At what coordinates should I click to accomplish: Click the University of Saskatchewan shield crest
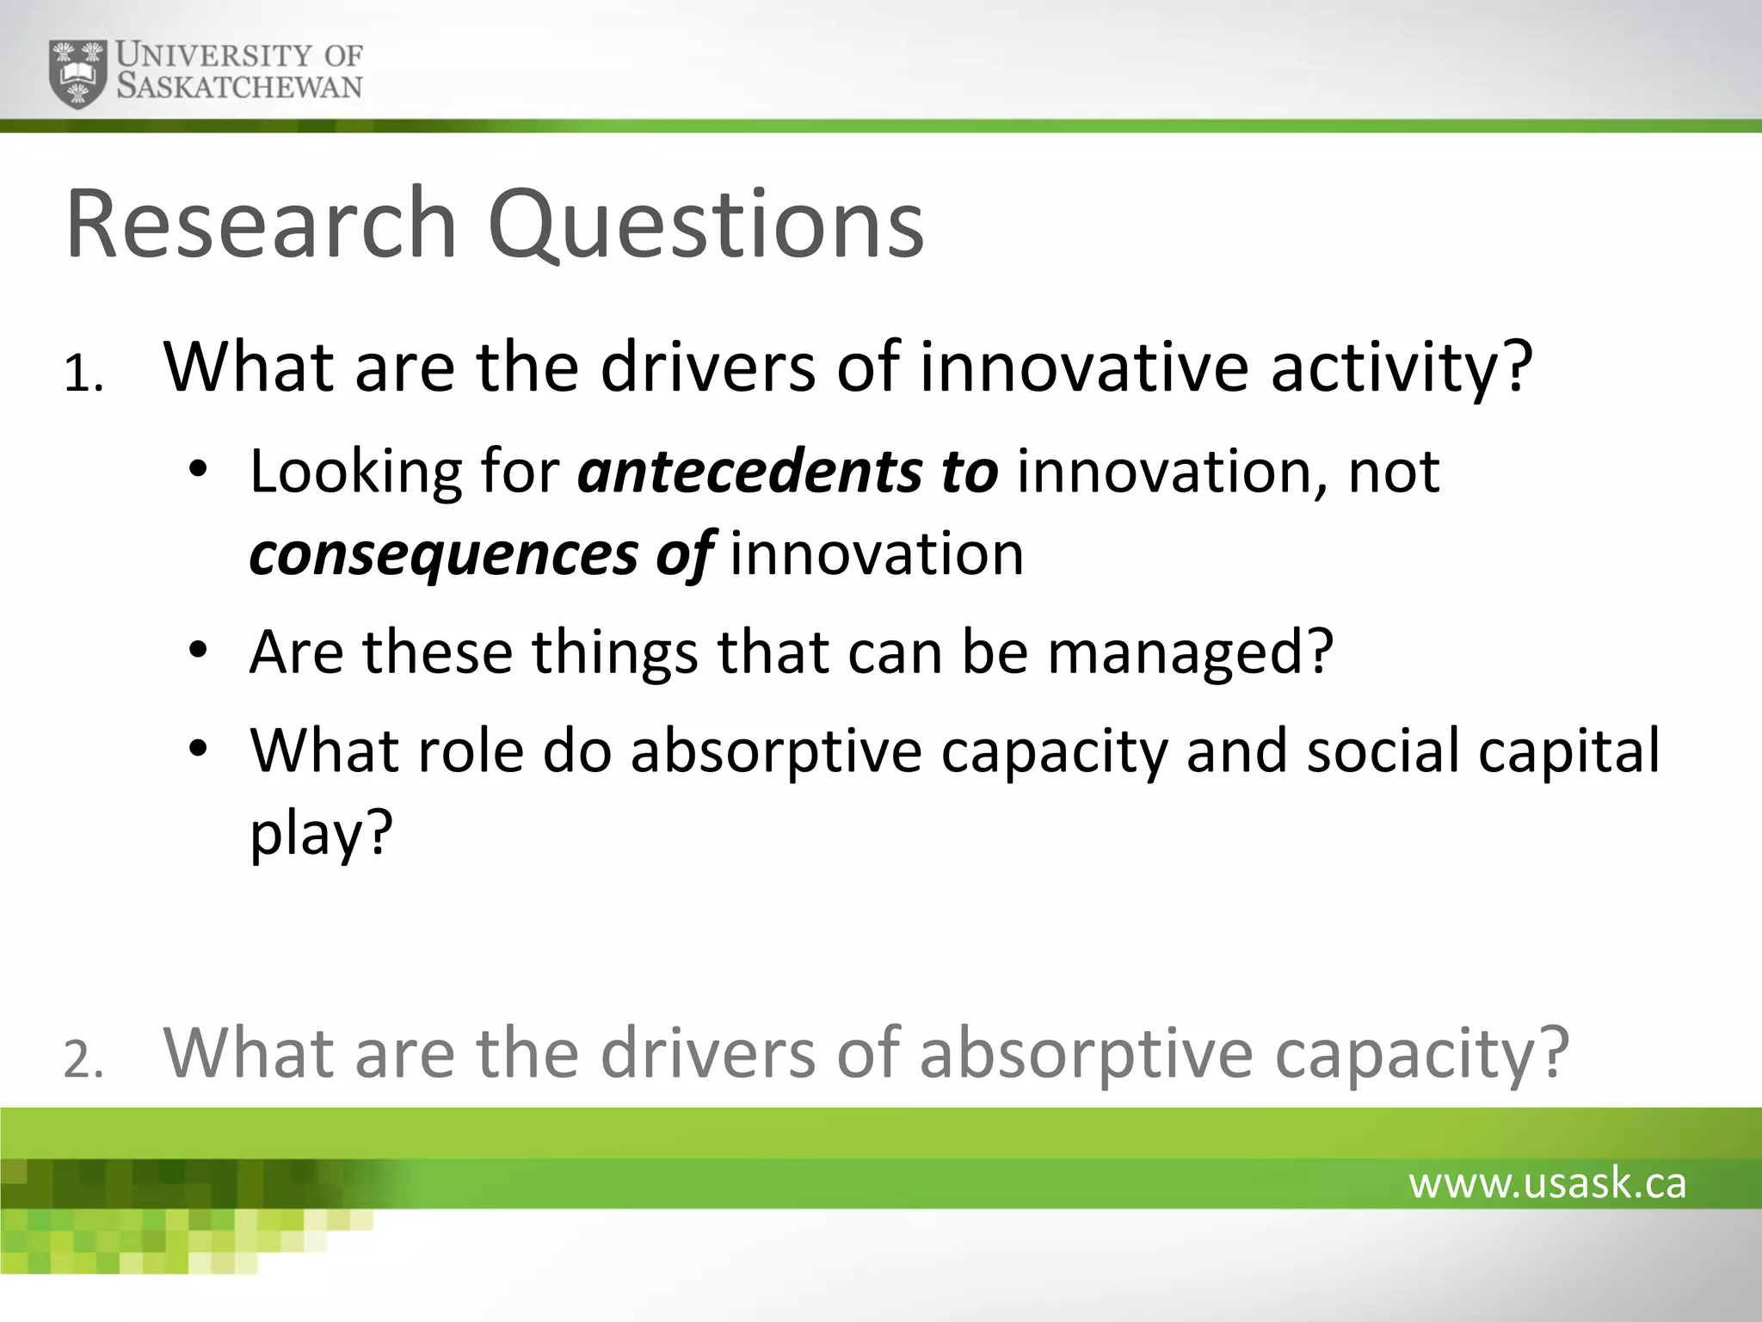coord(78,73)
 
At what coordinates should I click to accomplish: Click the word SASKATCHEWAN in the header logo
coord(239,87)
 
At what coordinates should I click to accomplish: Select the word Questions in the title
coord(705,225)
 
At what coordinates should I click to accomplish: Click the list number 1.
coord(83,376)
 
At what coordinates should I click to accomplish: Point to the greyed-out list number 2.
coord(83,1061)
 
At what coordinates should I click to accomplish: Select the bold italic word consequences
coord(443,553)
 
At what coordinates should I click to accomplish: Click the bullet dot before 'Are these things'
coord(199,651)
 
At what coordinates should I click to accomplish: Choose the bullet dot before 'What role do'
coord(199,749)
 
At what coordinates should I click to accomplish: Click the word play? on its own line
coord(321,833)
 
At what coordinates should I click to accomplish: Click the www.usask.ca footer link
coord(1547,1183)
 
